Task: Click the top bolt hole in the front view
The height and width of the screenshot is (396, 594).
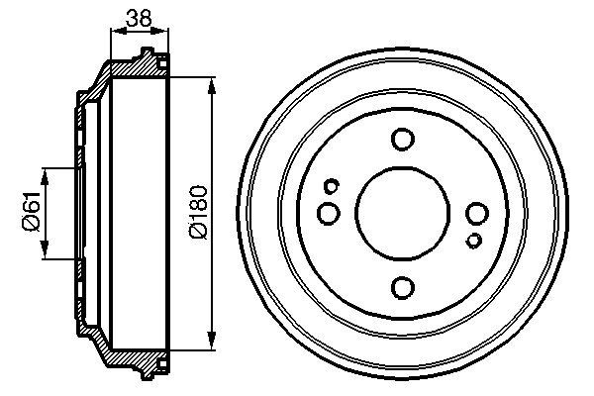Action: click(403, 139)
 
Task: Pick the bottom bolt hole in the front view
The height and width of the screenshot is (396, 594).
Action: click(403, 287)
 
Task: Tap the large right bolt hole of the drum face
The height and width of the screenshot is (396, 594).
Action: click(477, 213)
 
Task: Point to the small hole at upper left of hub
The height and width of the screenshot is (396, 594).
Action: click(332, 184)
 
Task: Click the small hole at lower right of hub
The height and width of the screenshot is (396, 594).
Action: click(474, 241)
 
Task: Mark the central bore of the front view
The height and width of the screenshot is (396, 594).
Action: click(403, 213)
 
